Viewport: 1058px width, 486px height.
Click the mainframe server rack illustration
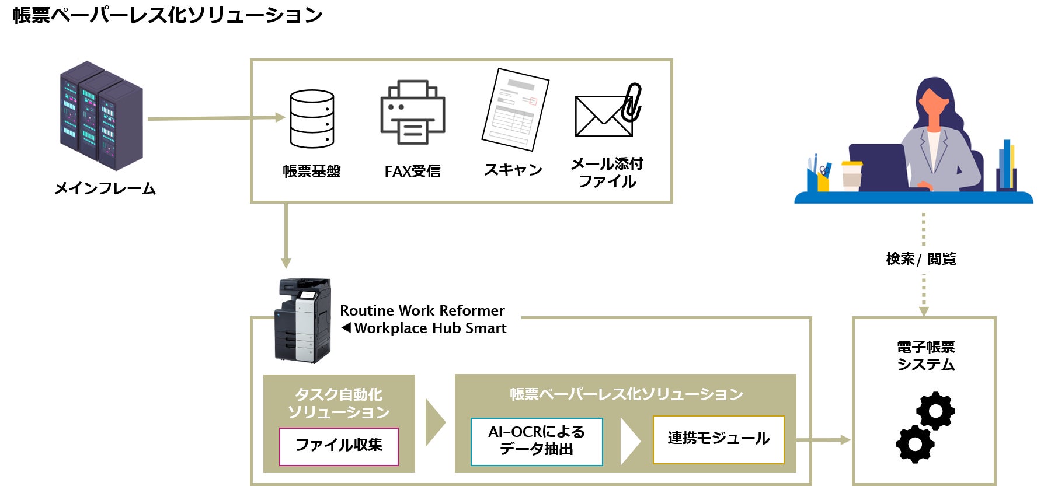click(x=102, y=116)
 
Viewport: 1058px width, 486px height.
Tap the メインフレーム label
click(x=105, y=188)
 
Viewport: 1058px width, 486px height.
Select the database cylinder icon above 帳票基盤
click(x=312, y=118)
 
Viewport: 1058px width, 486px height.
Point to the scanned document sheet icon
click(x=515, y=109)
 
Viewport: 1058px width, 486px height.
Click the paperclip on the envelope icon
click(x=632, y=102)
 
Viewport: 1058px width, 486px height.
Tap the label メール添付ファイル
click(x=607, y=173)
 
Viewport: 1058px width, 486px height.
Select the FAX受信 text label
click(x=412, y=172)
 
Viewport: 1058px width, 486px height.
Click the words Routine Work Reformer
click(x=422, y=310)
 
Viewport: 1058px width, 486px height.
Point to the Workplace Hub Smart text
click(x=430, y=328)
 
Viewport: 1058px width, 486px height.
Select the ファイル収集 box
click(x=339, y=446)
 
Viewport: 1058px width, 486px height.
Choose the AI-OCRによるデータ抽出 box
click(x=537, y=441)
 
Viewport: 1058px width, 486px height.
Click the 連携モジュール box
click(x=718, y=439)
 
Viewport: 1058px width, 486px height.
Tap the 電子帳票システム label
click(x=925, y=356)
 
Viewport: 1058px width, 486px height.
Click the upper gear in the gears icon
click(x=936, y=411)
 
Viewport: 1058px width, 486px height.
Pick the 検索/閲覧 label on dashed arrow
click(x=921, y=258)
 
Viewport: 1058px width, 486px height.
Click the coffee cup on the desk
click(x=851, y=174)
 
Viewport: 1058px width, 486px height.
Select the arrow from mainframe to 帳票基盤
click(x=216, y=118)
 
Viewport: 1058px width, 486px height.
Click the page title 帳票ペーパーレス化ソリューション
click(x=167, y=15)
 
